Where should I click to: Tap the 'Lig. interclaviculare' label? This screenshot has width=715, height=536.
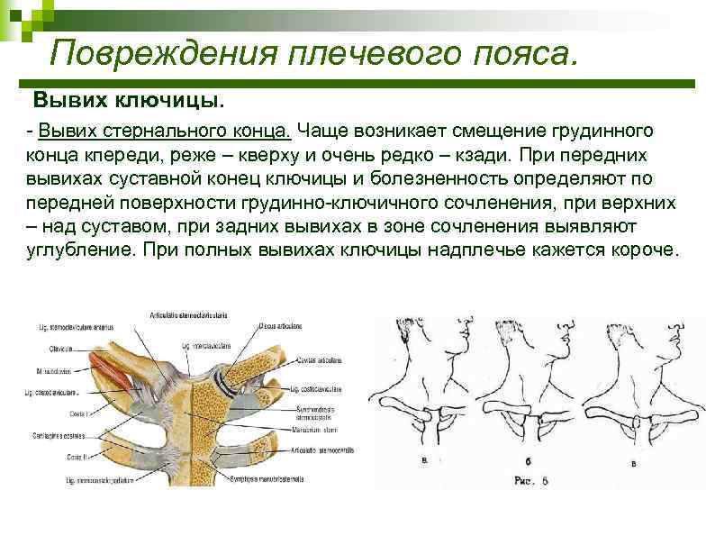(216, 345)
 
